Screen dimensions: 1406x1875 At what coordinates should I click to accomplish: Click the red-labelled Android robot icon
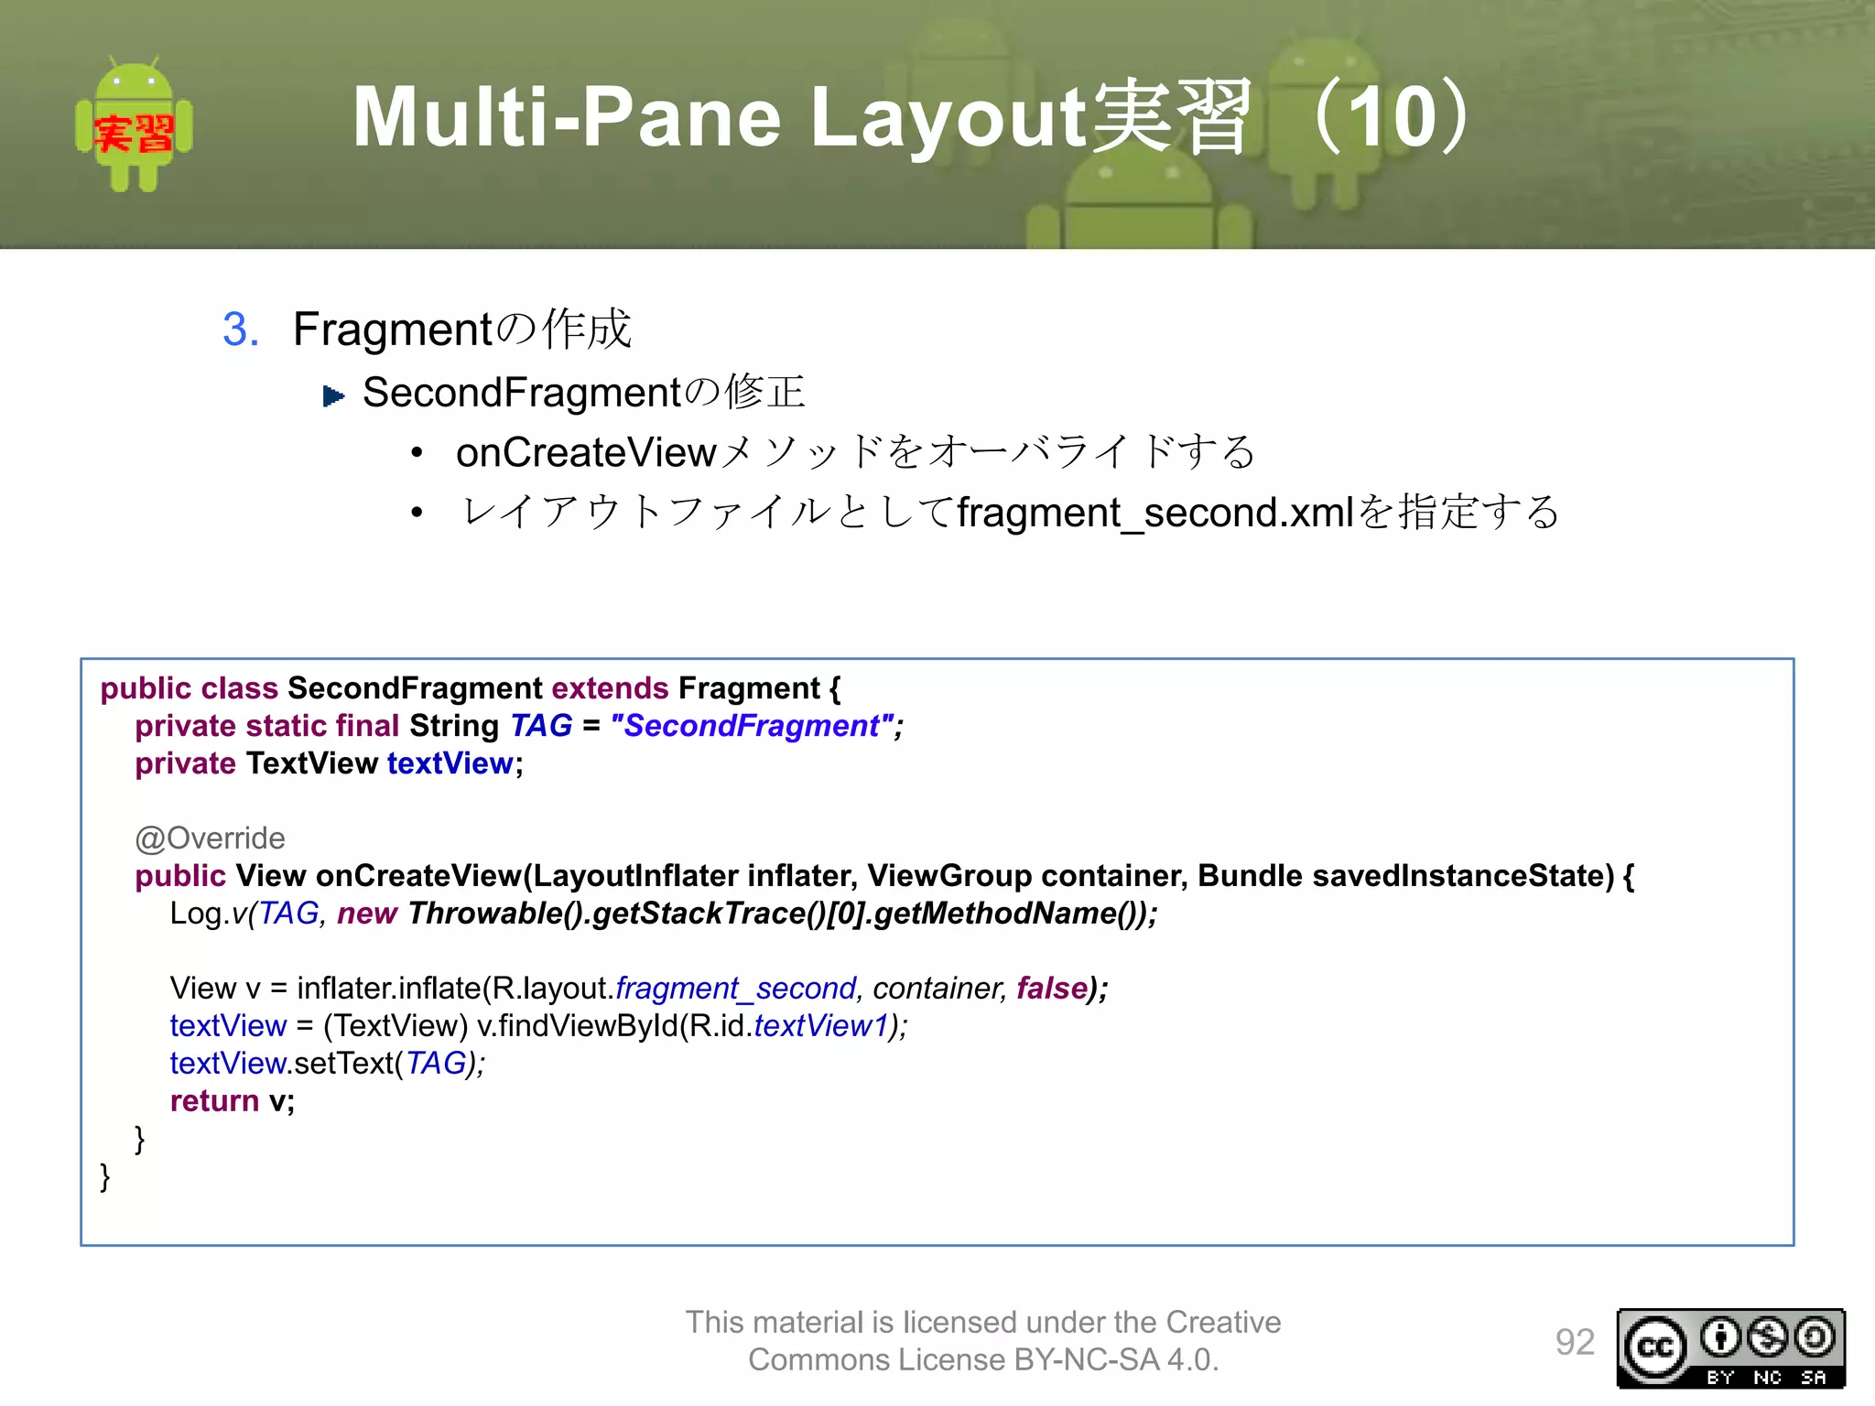pos(134,125)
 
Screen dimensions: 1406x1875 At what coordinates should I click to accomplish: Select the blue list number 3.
pos(241,330)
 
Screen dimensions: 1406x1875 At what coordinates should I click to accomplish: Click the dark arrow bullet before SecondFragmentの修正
pos(334,396)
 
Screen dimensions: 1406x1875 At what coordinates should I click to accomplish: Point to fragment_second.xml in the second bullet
pos(1155,512)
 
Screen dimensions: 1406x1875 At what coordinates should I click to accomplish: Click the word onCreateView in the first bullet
pos(586,453)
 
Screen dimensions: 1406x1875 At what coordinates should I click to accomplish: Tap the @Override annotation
pos(210,838)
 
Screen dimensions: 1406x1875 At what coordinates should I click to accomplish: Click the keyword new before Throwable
pos(366,914)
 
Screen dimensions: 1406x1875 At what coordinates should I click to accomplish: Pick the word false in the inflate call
pos(1051,989)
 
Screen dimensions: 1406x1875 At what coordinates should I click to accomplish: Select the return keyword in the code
pos(214,1101)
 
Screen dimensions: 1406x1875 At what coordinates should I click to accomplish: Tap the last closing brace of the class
pos(105,1176)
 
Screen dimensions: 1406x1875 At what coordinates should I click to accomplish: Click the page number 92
pos(1575,1342)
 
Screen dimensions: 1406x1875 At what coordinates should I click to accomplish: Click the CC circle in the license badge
pos(1654,1347)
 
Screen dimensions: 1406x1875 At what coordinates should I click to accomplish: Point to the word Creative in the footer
pos(1223,1322)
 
